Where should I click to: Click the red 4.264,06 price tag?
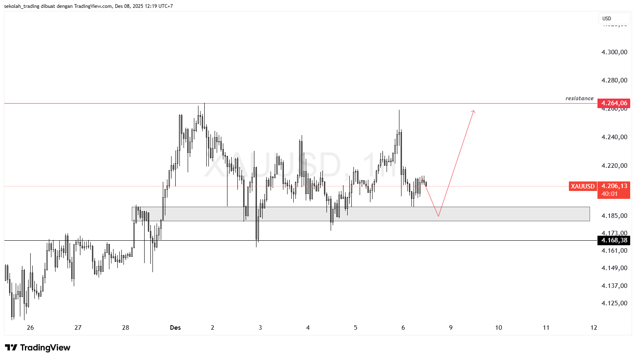(614, 103)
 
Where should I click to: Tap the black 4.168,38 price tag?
(614, 240)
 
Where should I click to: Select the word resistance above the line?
(579, 99)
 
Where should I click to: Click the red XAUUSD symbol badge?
(583, 186)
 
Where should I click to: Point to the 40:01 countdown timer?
(609, 194)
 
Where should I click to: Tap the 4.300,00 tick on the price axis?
(614, 52)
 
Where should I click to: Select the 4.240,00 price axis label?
(614, 137)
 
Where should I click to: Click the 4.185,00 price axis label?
(614, 216)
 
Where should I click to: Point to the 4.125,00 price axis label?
(614, 303)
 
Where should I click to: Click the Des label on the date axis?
(175, 328)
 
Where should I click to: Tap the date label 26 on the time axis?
(30, 328)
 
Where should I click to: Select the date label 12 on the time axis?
(594, 328)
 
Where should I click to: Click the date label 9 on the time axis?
(451, 328)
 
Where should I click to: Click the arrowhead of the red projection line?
(474, 111)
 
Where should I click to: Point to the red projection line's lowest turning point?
(438, 216)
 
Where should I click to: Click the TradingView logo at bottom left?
(38, 348)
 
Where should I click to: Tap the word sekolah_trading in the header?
(21, 6)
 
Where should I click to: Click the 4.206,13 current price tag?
(614, 186)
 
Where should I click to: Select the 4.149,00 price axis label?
(614, 268)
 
